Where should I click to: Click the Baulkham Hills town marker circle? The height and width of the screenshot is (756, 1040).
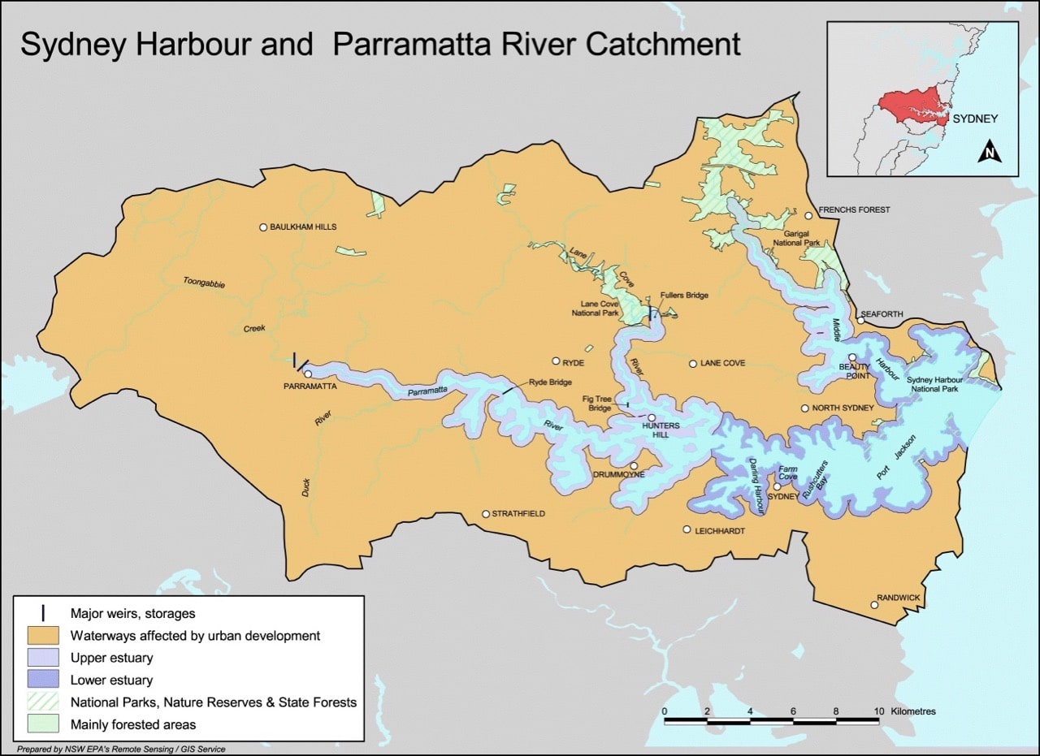click(263, 227)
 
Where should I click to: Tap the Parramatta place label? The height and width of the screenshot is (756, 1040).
click(310, 387)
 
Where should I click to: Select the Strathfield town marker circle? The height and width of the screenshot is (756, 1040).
click(486, 514)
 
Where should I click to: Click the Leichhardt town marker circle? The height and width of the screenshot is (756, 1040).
click(687, 530)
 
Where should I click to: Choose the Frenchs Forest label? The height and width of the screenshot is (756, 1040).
click(854, 210)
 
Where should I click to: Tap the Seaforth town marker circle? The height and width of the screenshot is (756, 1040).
click(860, 321)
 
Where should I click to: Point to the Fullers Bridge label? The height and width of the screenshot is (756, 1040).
click(684, 296)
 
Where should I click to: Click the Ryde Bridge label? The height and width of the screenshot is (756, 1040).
click(550, 382)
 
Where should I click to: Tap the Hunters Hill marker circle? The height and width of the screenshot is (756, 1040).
click(652, 417)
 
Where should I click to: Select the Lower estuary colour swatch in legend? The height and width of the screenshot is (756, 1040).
click(44, 680)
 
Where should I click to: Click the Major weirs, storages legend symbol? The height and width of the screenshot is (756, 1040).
click(44, 613)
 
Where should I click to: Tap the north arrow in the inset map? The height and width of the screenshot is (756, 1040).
click(989, 152)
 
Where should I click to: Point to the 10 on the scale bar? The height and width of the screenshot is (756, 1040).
click(878, 711)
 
